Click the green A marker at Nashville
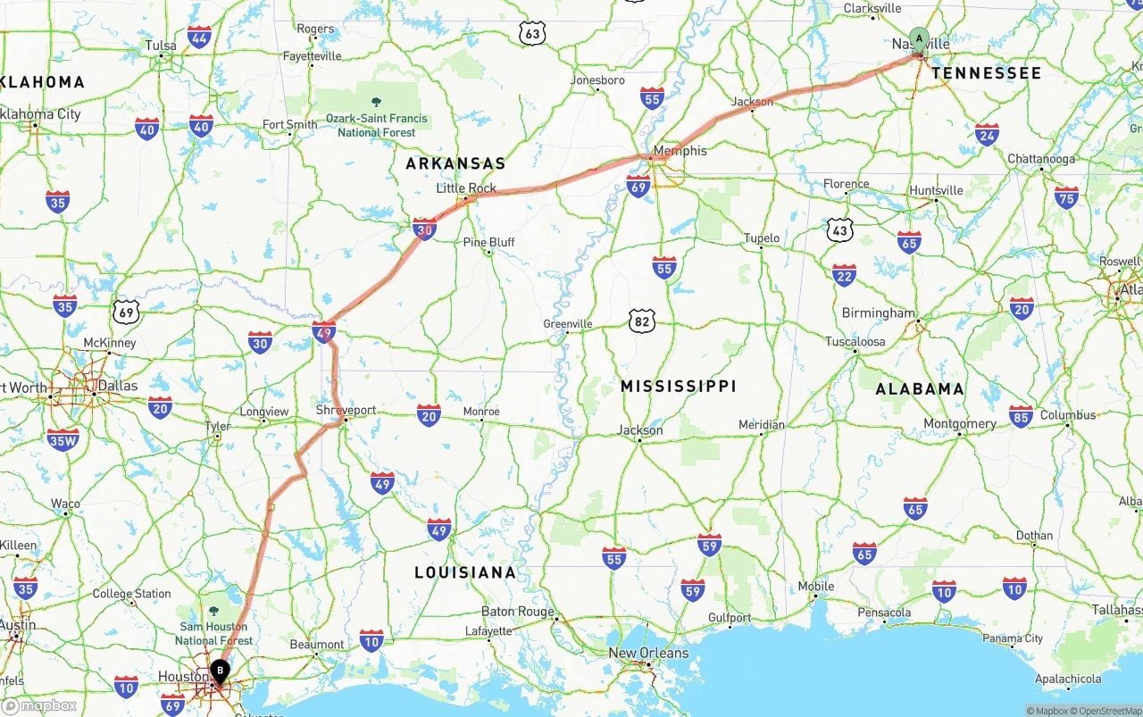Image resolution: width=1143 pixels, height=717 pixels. tap(919, 38)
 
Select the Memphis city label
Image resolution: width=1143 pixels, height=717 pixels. tap(680, 151)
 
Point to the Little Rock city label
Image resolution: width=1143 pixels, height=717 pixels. tap(466, 188)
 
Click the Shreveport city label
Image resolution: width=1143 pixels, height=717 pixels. tap(346, 410)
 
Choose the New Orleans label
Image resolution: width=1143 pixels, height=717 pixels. tap(648, 653)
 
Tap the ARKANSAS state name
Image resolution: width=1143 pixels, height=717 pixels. tap(455, 163)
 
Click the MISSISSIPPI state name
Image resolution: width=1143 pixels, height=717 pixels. tap(679, 386)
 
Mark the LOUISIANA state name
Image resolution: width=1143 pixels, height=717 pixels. tap(464, 572)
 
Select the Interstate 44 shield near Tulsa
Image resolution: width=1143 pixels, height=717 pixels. tap(199, 37)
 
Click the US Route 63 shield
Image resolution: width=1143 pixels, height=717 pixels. tap(532, 34)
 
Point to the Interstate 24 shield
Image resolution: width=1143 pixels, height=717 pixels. tap(987, 135)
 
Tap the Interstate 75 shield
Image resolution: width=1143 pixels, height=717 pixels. tap(1066, 196)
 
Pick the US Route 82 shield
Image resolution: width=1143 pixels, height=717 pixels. tap(641, 321)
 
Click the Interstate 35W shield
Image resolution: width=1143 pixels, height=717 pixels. tap(63, 438)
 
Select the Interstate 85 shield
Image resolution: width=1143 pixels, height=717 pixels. tap(1021, 416)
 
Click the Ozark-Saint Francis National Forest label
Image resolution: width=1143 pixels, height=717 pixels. tap(376, 125)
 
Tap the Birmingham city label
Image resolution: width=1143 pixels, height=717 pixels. tap(878, 313)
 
